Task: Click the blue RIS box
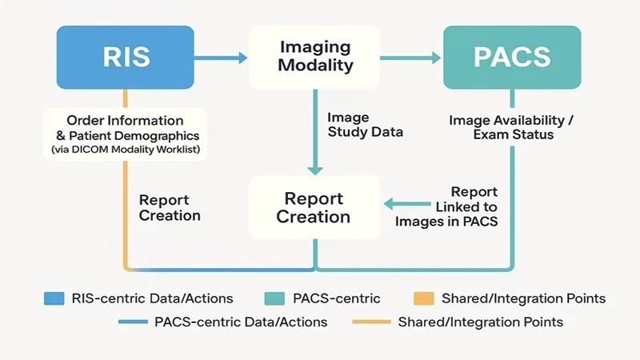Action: (126, 57)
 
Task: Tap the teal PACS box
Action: (512, 57)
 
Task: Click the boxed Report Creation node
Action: (314, 207)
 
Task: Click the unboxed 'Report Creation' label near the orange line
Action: (170, 207)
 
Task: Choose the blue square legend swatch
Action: (54, 298)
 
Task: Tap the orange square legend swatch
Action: (422, 298)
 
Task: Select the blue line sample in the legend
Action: (137, 322)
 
